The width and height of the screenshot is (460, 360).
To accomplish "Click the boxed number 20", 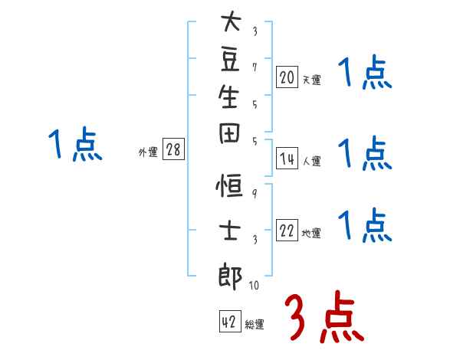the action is point(287,77).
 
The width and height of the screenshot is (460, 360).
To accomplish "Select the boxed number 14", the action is point(287,159).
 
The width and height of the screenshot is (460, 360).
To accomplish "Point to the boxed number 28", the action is point(173,150).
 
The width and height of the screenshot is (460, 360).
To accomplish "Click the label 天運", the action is point(311,80).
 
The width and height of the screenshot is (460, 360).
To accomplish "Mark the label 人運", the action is point(311,162).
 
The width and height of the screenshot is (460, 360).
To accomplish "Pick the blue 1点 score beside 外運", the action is point(75,145).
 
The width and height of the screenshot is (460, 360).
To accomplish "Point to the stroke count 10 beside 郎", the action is point(254,286).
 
